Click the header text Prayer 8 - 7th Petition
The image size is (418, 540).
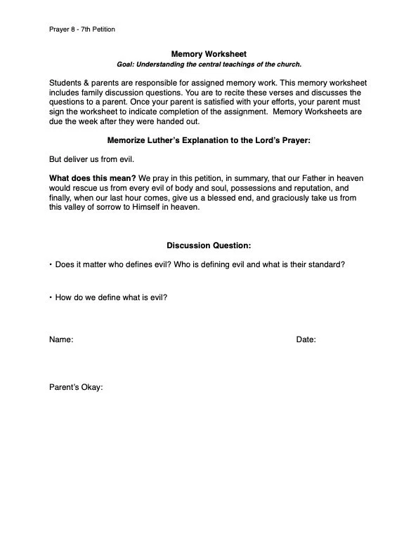click(82, 29)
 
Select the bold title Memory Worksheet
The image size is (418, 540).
click(209, 54)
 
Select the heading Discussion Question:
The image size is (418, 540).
click(209, 245)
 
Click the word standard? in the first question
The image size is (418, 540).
click(323, 265)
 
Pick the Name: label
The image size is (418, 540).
click(61, 340)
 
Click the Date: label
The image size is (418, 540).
click(306, 340)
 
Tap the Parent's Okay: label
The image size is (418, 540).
click(76, 386)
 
